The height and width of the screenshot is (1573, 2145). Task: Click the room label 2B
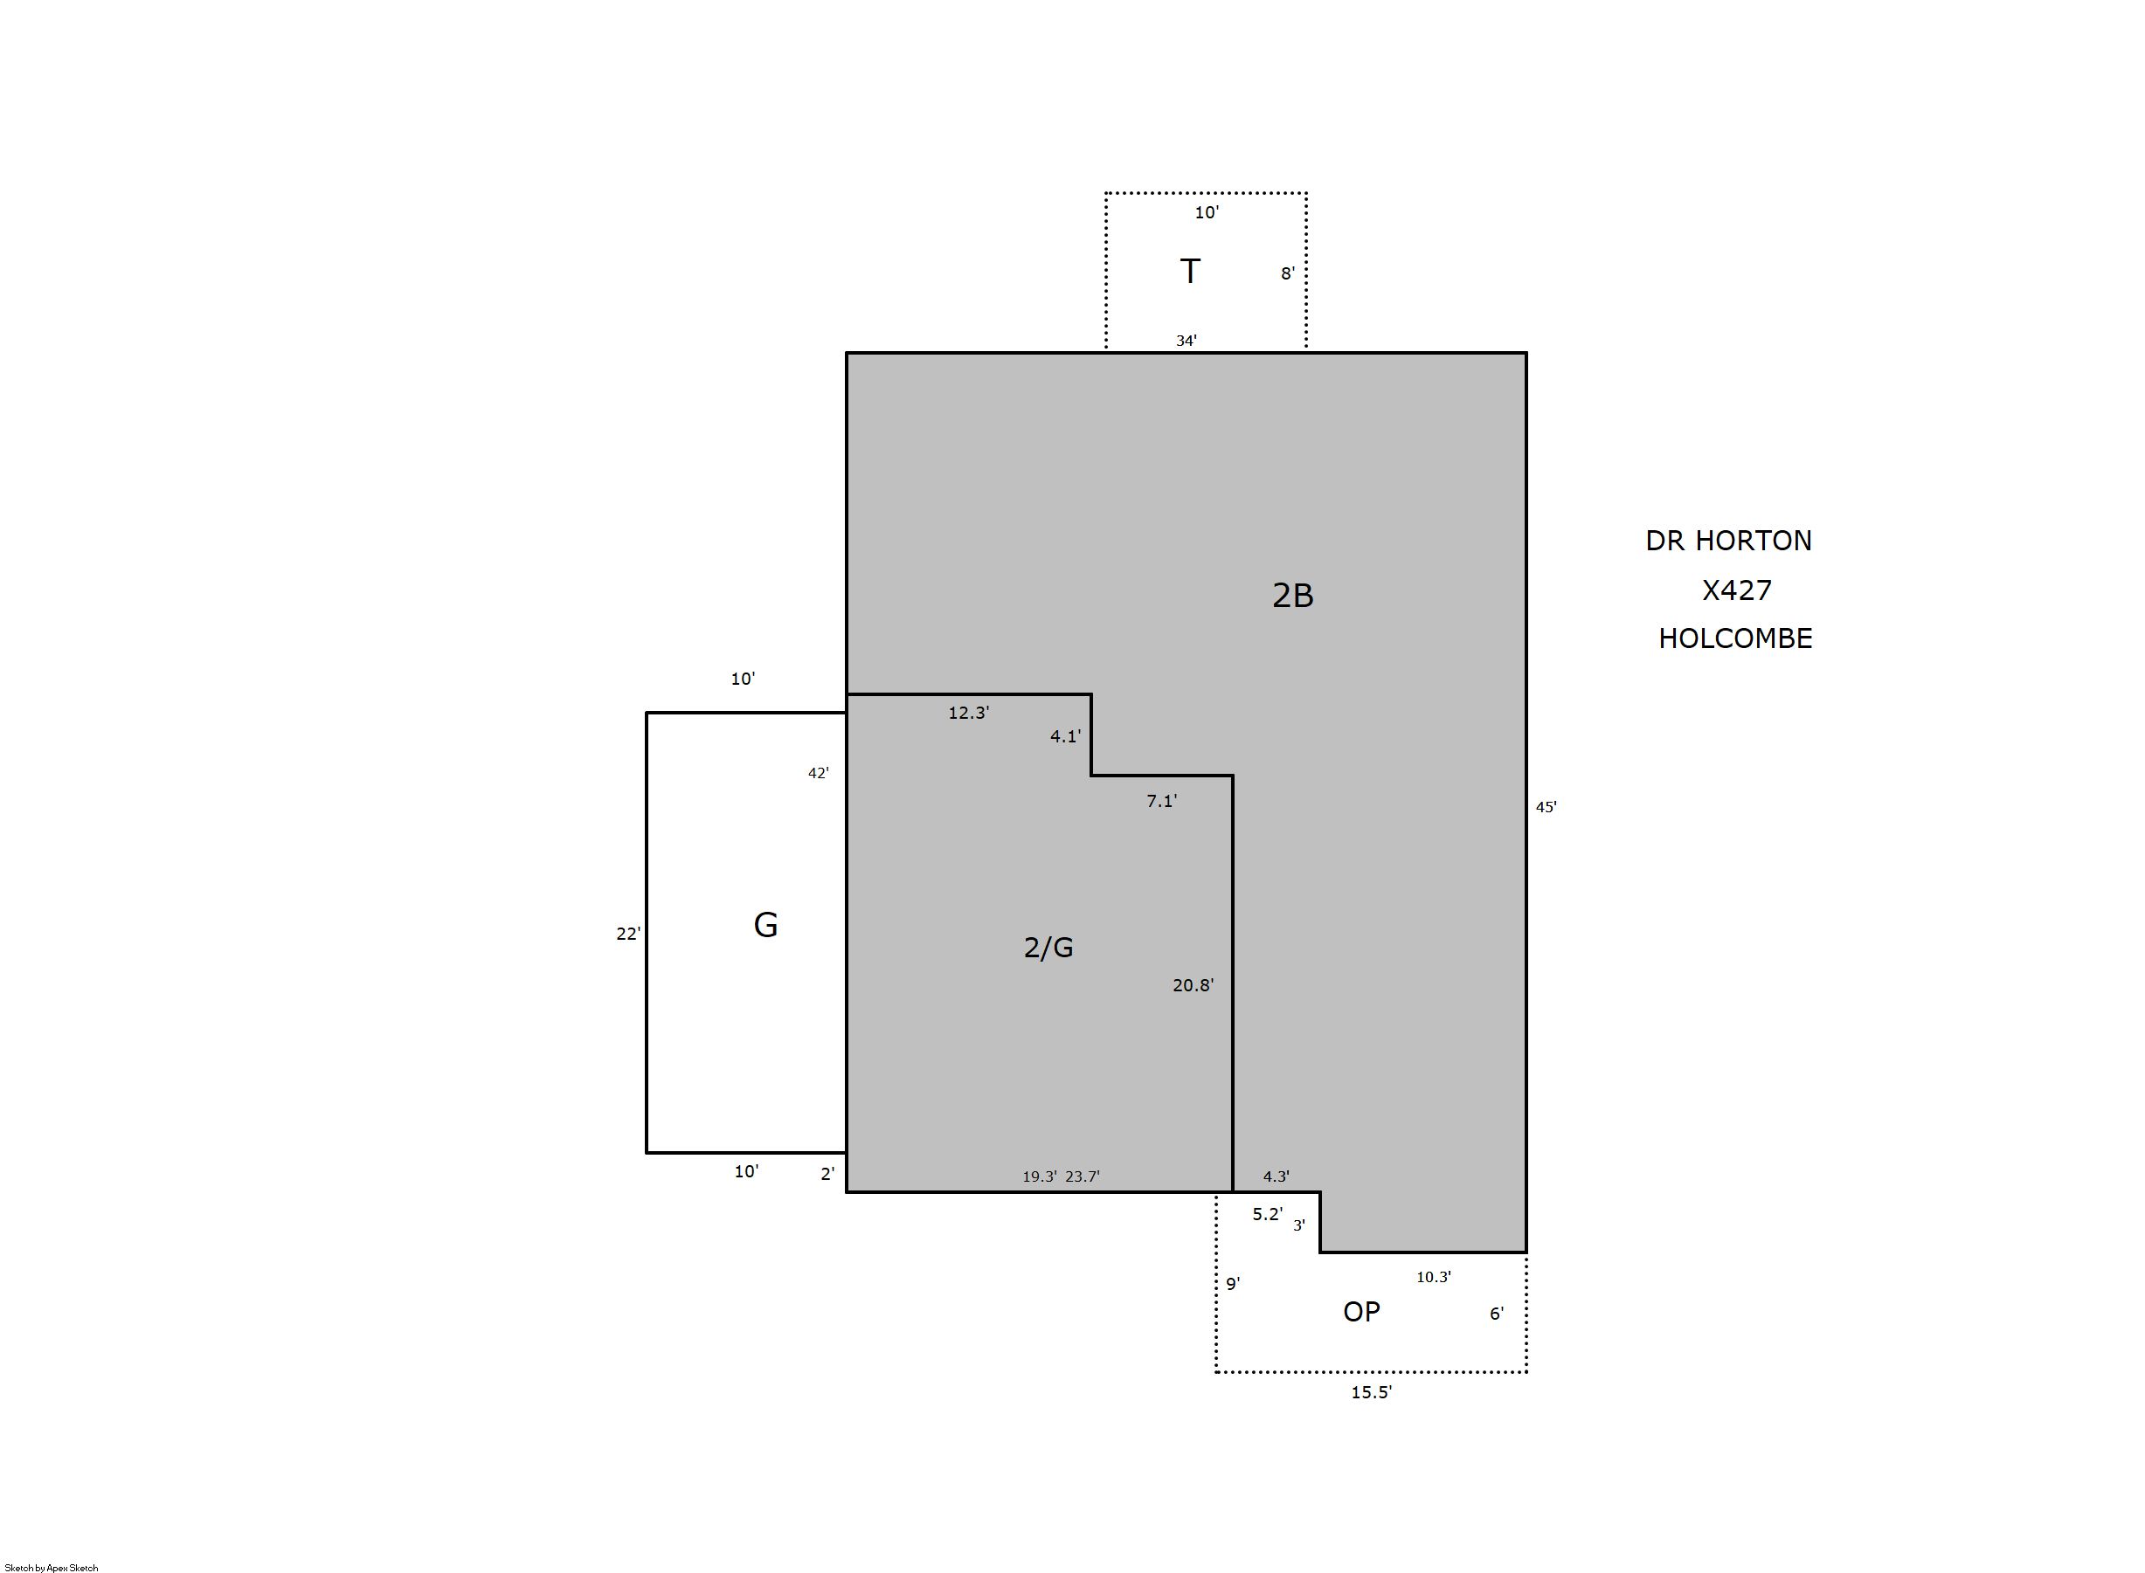tap(1292, 595)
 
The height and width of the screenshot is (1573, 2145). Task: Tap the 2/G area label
tap(1048, 948)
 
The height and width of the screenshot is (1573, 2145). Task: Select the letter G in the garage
tap(765, 925)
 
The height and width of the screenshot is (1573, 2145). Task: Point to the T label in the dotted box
tap(1190, 272)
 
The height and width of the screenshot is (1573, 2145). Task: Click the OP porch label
tap(1361, 1312)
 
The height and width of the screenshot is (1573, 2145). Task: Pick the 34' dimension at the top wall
tap(1186, 340)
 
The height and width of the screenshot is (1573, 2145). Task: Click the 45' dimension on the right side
tap(1546, 807)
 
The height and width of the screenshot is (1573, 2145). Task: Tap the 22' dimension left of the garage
tap(627, 934)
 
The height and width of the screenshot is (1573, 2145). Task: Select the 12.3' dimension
tap(969, 712)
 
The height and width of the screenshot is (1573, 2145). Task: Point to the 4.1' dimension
tap(1065, 736)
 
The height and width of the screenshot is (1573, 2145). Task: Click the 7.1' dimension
tap(1161, 802)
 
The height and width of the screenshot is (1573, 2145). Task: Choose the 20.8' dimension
tap(1193, 985)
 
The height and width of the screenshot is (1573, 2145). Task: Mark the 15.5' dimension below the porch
tap(1371, 1392)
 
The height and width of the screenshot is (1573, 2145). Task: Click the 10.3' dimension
tap(1434, 1277)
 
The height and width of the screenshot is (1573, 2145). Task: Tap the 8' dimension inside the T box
tap(1287, 274)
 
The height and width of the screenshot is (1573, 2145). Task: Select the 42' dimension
tap(818, 773)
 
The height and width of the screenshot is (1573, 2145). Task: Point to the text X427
tap(1736, 590)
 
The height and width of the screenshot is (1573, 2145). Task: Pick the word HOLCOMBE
tap(1734, 638)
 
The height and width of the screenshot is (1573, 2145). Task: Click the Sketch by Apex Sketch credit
tap(52, 1567)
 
